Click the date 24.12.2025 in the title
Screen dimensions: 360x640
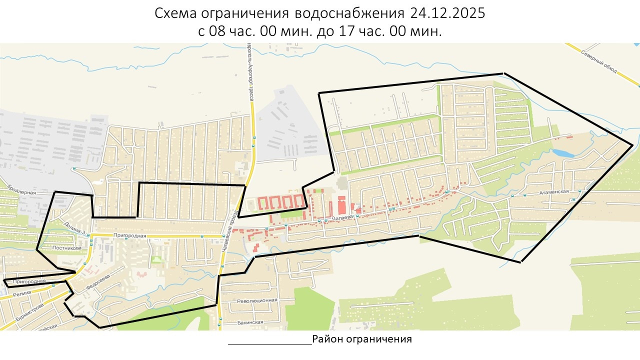[x=447, y=13]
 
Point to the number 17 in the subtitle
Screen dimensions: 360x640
[x=355, y=31]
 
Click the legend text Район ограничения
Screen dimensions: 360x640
[x=362, y=339]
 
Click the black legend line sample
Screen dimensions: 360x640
[x=270, y=344]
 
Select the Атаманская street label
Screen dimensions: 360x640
[x=552, y=192]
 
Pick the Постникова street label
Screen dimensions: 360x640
[x=66, y=247]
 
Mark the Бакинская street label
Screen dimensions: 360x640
[x=250, y=322]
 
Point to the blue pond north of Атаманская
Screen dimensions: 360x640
[x=563, y=153]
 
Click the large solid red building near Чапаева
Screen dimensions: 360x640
[x=342, y=205]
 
